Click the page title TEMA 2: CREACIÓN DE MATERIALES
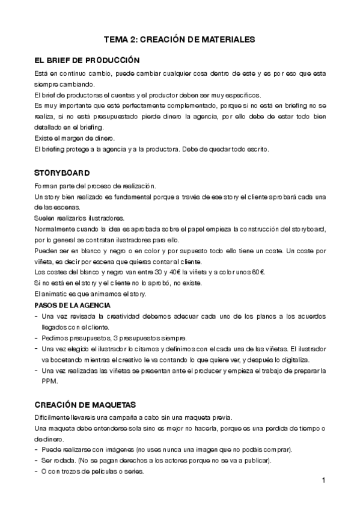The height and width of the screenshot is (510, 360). (x=180, y=40)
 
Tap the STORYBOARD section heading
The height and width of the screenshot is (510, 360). (x=63, y=173)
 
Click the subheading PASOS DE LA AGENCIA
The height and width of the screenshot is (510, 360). (x=72, y=305)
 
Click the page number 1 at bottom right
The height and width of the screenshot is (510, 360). (x=323, y=480)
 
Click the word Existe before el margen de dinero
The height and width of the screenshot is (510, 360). (x=45, y=138)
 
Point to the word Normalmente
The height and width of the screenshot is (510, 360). (x=55, y=229)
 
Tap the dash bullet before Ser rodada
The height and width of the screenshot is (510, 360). (x=37, y=461)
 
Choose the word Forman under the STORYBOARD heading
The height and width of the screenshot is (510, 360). (x=47, y=186)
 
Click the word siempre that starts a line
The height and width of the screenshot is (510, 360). (x=46, y=84)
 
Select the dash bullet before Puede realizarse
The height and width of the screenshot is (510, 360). (x=37, y=450)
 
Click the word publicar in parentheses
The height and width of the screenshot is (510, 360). (x=255, y=461)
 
